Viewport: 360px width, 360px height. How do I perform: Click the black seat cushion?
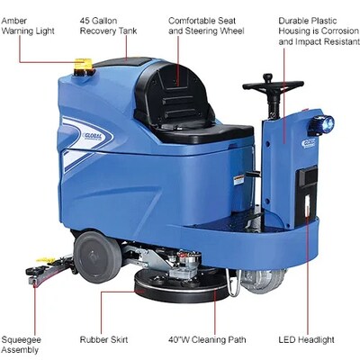[x=207, y=133]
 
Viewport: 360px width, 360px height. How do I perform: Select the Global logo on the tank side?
[x=93, y=137]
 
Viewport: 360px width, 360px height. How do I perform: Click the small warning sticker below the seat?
[x=238, y=180]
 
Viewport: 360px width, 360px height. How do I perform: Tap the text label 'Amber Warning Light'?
[x=28, y=26]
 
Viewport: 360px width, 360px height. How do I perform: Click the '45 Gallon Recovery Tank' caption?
[x=108, y=26]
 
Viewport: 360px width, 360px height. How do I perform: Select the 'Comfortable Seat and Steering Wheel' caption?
[x=206, y=26]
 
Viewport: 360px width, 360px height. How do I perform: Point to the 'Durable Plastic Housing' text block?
[x=319, y=31]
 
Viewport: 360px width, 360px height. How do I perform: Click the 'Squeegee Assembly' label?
[x=21, y=345]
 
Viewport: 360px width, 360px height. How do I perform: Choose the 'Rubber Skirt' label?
[x=103, y=339]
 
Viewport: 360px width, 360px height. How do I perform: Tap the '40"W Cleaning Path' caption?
[x=207, y=339]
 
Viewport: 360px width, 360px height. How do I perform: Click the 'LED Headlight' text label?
[x=306, y=339]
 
